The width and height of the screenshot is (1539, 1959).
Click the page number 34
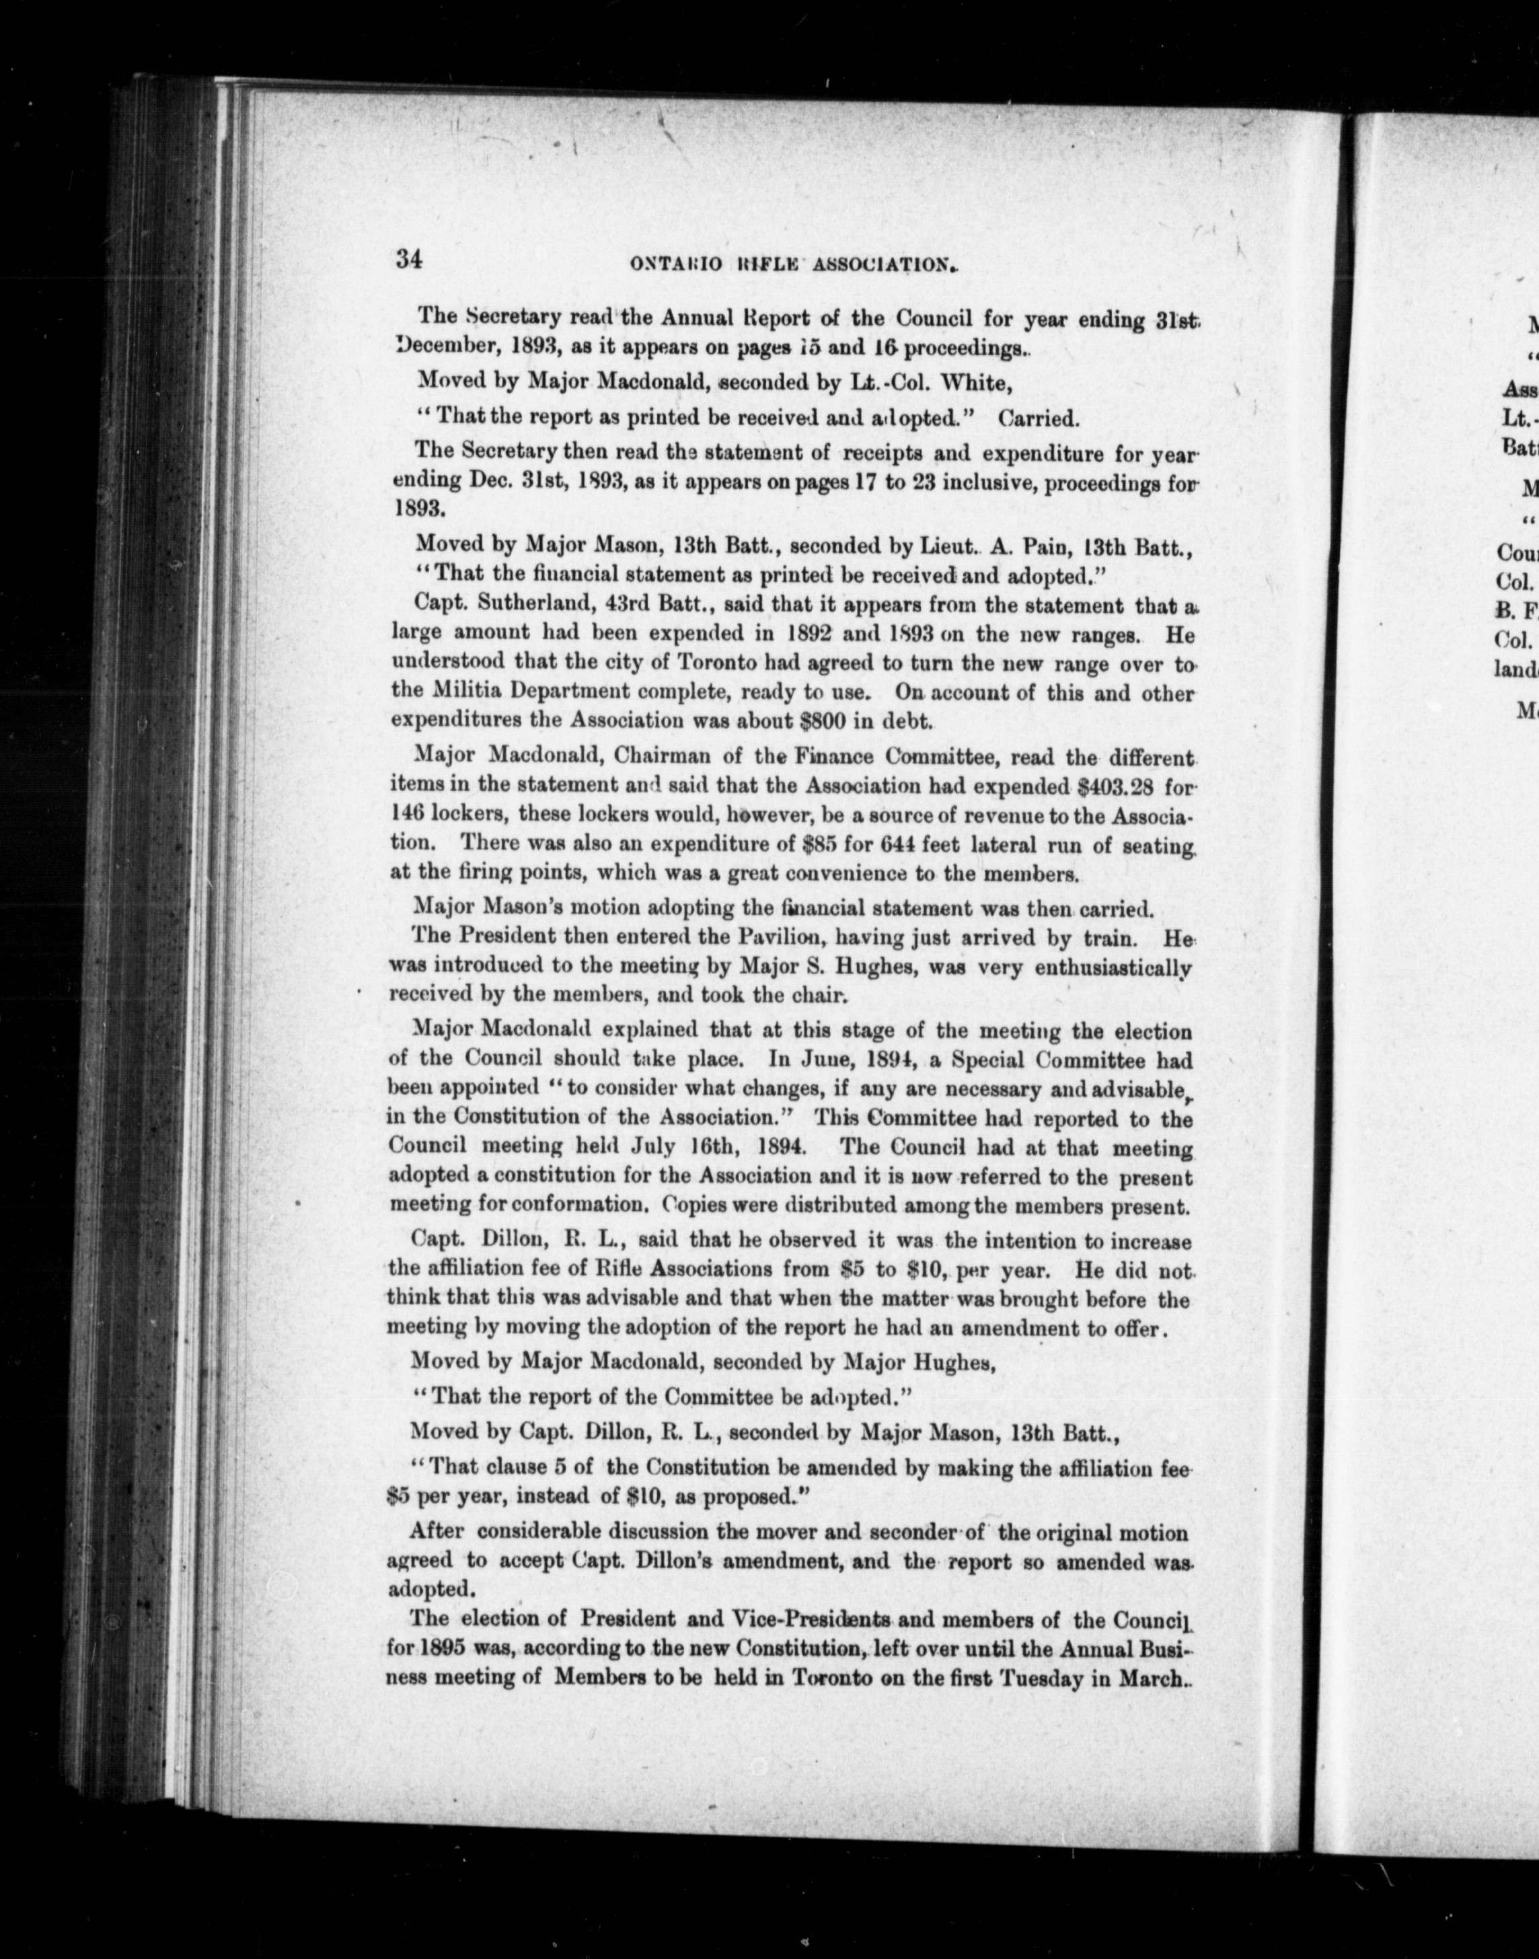pyautogui.click(x=408, y=260)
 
